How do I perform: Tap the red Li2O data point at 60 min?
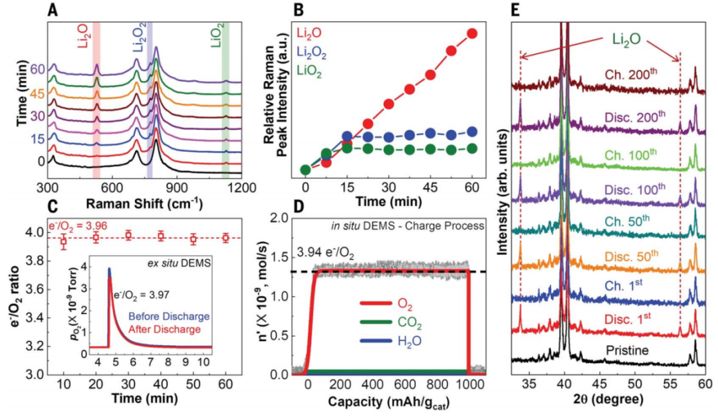[x=473, y=33]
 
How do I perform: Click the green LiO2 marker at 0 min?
[x=305, y=170]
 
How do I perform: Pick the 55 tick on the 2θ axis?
[x=669, y=384]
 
